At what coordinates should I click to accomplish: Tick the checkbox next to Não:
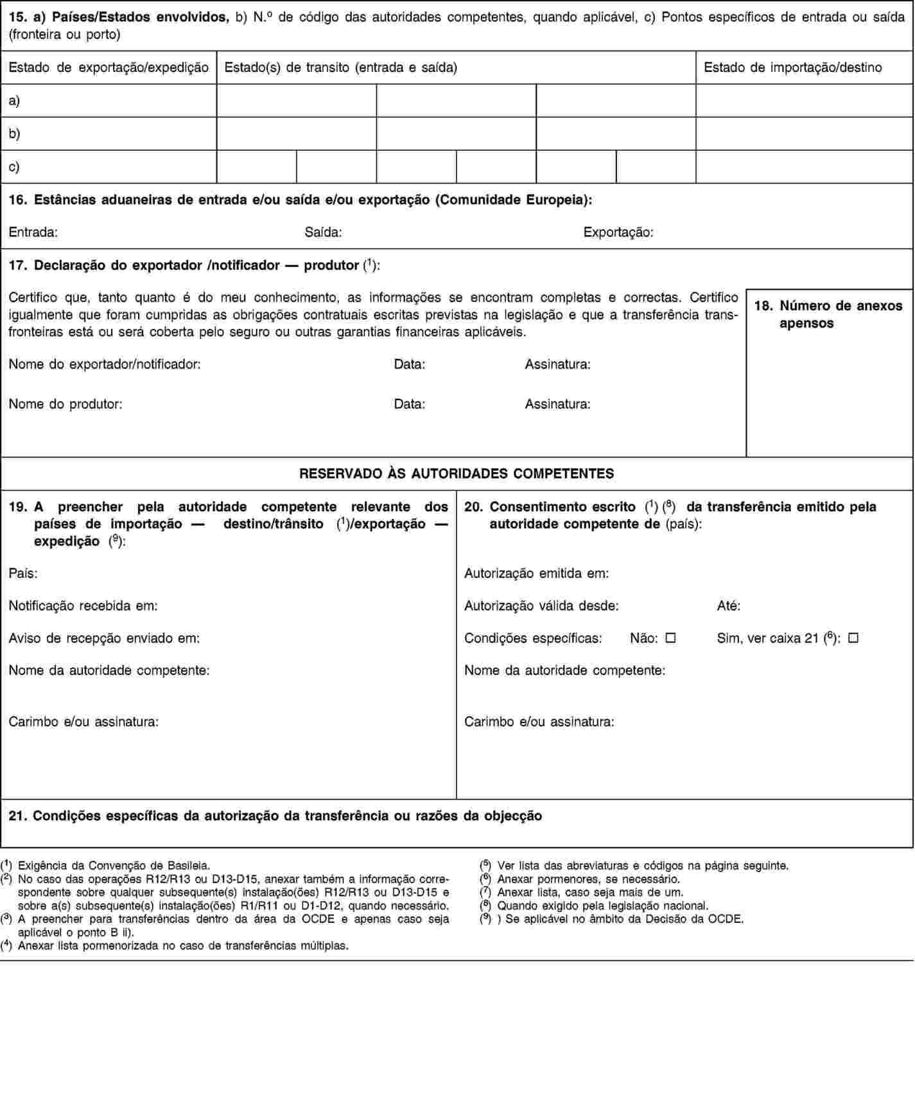tap(671, 639)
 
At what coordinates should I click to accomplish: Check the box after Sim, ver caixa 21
tap(853, 639)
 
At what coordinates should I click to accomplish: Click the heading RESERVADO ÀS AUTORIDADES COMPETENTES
tap(457, 474)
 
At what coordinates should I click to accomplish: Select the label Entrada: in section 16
tap(33, 232)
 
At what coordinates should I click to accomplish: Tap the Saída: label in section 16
tap(323, 232)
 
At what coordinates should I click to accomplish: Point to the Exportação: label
tap(618, 232)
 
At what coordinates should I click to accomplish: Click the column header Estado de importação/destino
tap(793, 67)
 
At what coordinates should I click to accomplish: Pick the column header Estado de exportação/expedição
tap(109, 67)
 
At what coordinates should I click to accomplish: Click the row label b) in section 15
tap(14, 134)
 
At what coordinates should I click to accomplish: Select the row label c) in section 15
tap(14, 166)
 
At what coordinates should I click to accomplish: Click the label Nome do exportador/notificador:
tap(105, 365)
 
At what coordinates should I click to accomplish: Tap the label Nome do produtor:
tap(66, 405)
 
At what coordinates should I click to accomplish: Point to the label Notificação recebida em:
tap(83, 606)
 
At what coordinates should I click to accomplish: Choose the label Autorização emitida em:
tap(537, 573)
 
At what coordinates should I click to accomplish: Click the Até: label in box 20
tap(729, 606)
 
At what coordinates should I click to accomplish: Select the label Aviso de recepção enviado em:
tap(104, 638)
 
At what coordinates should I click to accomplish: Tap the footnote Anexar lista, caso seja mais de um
tap(590, 892)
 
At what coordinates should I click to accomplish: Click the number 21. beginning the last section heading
tap(18, 816)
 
